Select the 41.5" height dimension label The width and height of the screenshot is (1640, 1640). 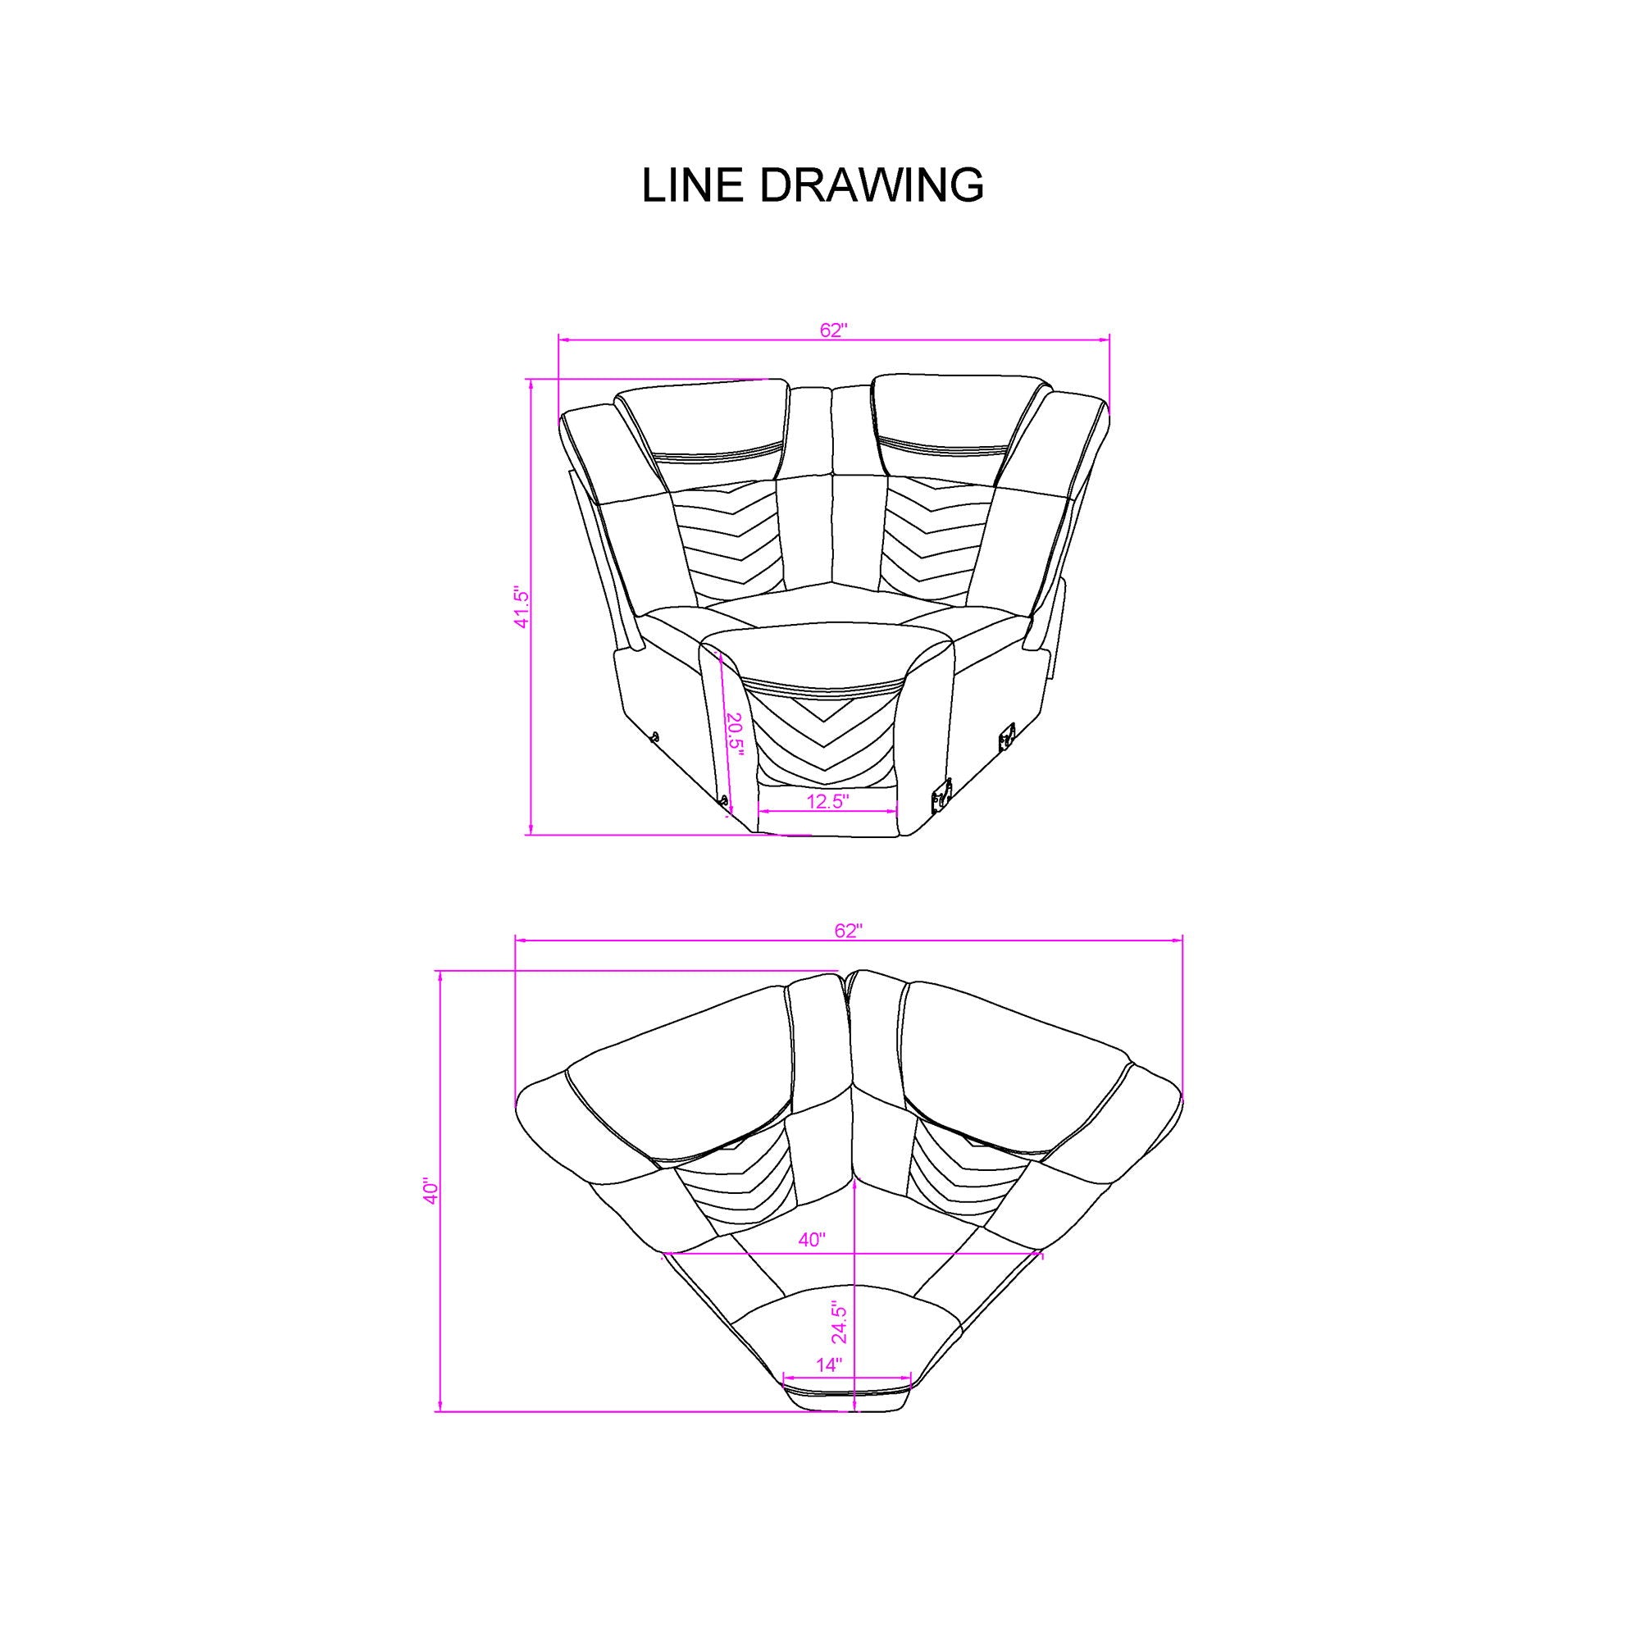[522, 608]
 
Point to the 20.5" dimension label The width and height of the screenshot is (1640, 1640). [735, 734]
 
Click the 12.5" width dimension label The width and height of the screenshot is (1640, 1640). [827, 800]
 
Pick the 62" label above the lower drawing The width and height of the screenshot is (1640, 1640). [848, 932]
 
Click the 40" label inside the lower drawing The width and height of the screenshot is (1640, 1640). [812, 1240]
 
